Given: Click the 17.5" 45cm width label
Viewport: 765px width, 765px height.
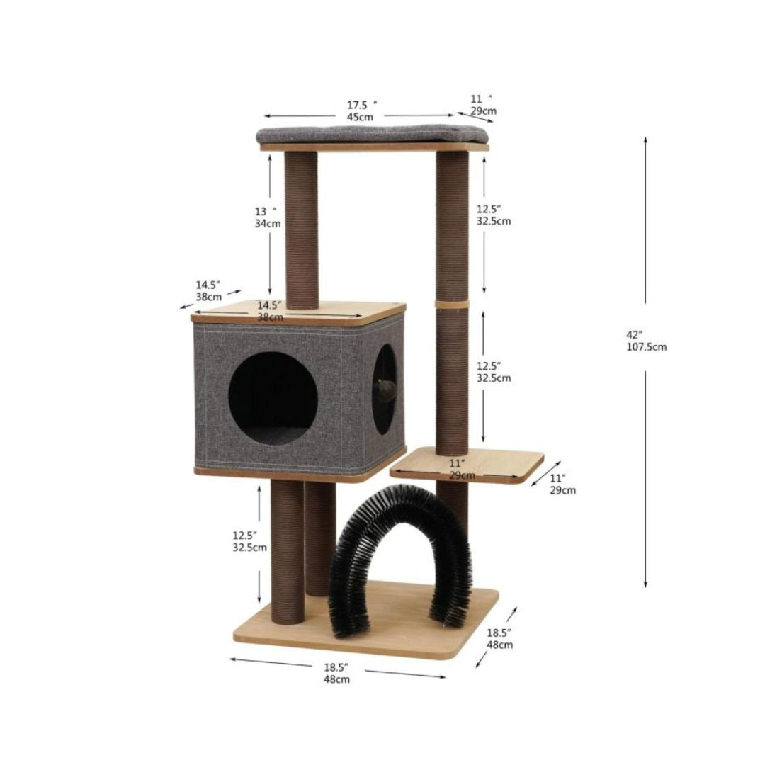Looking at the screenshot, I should (x=361, y=110).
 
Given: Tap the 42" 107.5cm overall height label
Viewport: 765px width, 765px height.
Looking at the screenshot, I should (x=645, y=341).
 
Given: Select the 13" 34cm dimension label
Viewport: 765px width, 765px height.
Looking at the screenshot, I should (x=268, y=217).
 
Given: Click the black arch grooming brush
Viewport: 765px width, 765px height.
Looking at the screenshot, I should (x=400, y=552).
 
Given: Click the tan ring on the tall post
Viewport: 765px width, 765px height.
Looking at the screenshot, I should (x=452, y=304).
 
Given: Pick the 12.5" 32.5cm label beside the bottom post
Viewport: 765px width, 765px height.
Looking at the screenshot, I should (x=250, y=541).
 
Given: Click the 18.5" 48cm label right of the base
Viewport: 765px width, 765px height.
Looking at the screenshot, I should (x=500, y=639).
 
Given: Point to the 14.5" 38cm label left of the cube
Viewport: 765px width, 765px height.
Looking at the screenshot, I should (x=209, y=291).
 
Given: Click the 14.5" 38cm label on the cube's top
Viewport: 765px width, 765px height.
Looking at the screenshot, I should (x=270, y=311).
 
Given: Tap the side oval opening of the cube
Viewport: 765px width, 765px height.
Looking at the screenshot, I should (x=384, y=389).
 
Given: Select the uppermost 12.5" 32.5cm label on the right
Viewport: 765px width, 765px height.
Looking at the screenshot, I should (x=493, y=215).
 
